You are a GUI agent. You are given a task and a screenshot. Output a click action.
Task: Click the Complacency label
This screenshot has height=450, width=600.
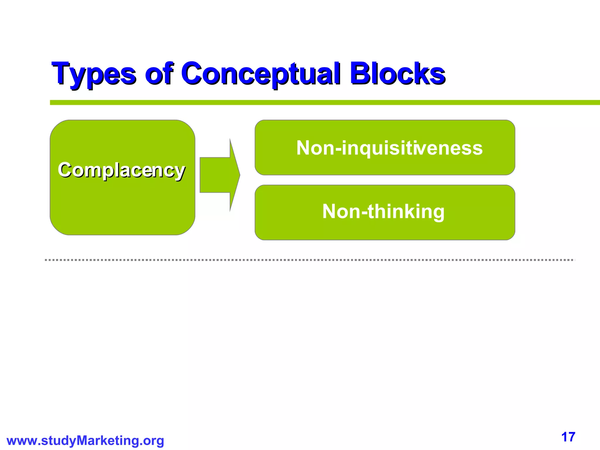(x=122, y=170)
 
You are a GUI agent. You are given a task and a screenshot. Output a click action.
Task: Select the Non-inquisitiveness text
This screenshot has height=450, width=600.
(x=389, y=148)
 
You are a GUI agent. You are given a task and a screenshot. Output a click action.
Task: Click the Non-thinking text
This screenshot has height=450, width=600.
(x=383, y=212)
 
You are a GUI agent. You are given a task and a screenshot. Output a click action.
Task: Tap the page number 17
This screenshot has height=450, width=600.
(x=568, y=437)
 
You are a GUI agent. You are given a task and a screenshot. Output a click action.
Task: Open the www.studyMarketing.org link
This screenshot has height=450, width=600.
(x=85, y=440)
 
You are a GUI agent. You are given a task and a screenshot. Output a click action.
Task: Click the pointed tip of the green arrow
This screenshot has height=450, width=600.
(x=239, y=175)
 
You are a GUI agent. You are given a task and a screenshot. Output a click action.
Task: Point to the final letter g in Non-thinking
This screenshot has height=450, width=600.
(x=438, y=213)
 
